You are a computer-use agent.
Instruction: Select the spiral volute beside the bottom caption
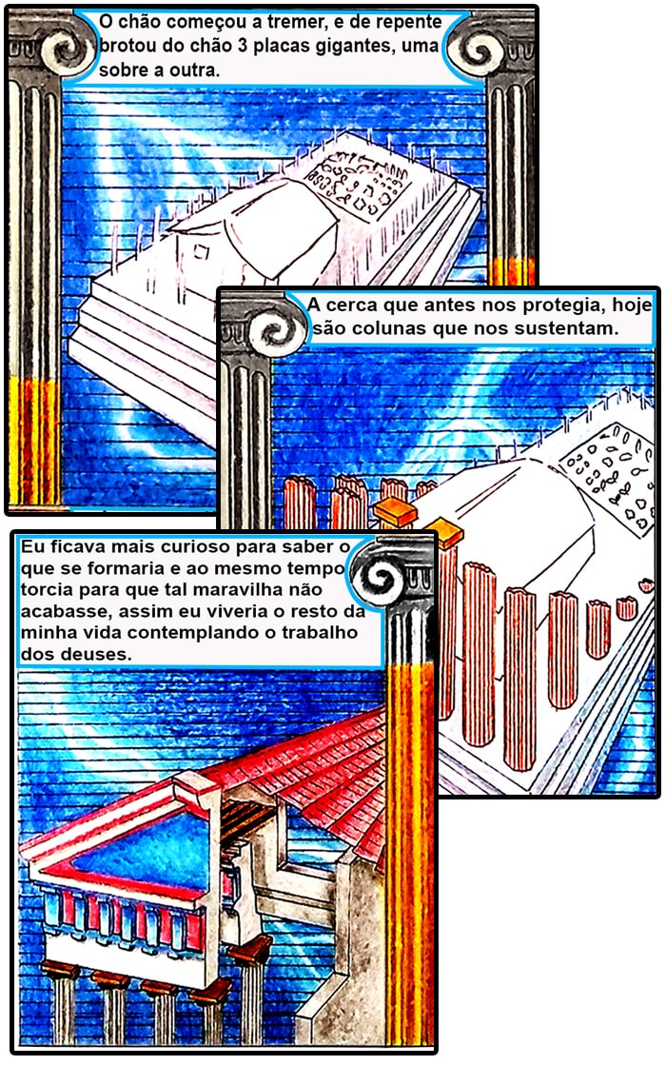(378, 577)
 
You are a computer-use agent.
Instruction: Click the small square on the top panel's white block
(201, 251)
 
